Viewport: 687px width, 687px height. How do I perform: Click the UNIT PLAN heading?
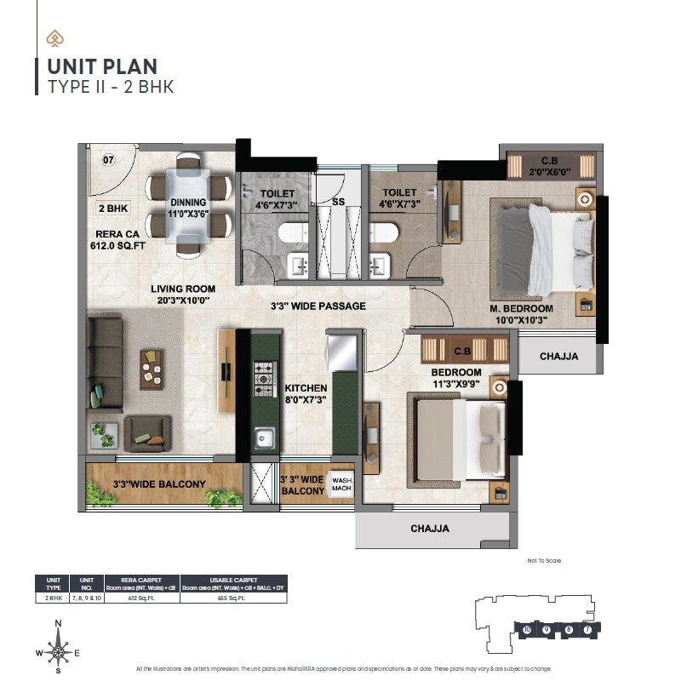(x=102, y=66)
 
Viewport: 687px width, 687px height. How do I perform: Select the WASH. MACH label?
(x=341, y=484)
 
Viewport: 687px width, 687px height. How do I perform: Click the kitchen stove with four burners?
(x=266, y=375)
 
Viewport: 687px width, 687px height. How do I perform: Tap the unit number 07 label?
(x=108, y=159)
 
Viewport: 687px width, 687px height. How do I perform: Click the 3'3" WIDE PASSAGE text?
(x=318, y=306)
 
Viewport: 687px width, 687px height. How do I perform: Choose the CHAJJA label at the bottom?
(x=430, y=529)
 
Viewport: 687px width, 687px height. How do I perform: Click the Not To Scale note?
(x=544, y=560)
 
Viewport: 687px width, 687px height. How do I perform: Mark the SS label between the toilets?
(x=338, y=202)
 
